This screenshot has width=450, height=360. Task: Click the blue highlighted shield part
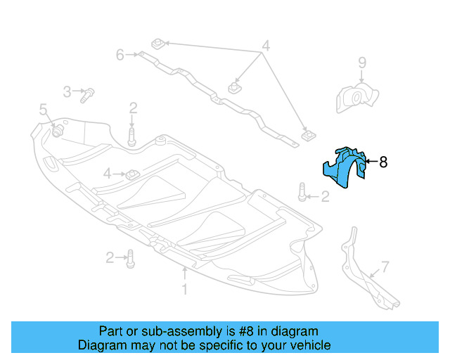[x=345, y=169]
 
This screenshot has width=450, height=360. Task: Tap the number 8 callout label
[x=383, y=162]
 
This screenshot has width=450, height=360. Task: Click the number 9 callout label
[x=362, y=63]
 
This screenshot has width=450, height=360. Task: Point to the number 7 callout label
[x=385, y=266]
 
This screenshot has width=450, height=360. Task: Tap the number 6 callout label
[x=120, y=53]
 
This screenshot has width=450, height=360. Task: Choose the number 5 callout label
[x=43, y=109]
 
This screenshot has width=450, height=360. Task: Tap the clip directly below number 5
[x=56, y=131]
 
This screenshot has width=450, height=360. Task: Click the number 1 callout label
[x=184, y=289]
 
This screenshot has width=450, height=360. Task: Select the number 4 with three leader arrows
[x=266, y=47]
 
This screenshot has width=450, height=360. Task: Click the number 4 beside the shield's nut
[x=108, y=173]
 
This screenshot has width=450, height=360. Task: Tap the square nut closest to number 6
[x=158, y=44]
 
